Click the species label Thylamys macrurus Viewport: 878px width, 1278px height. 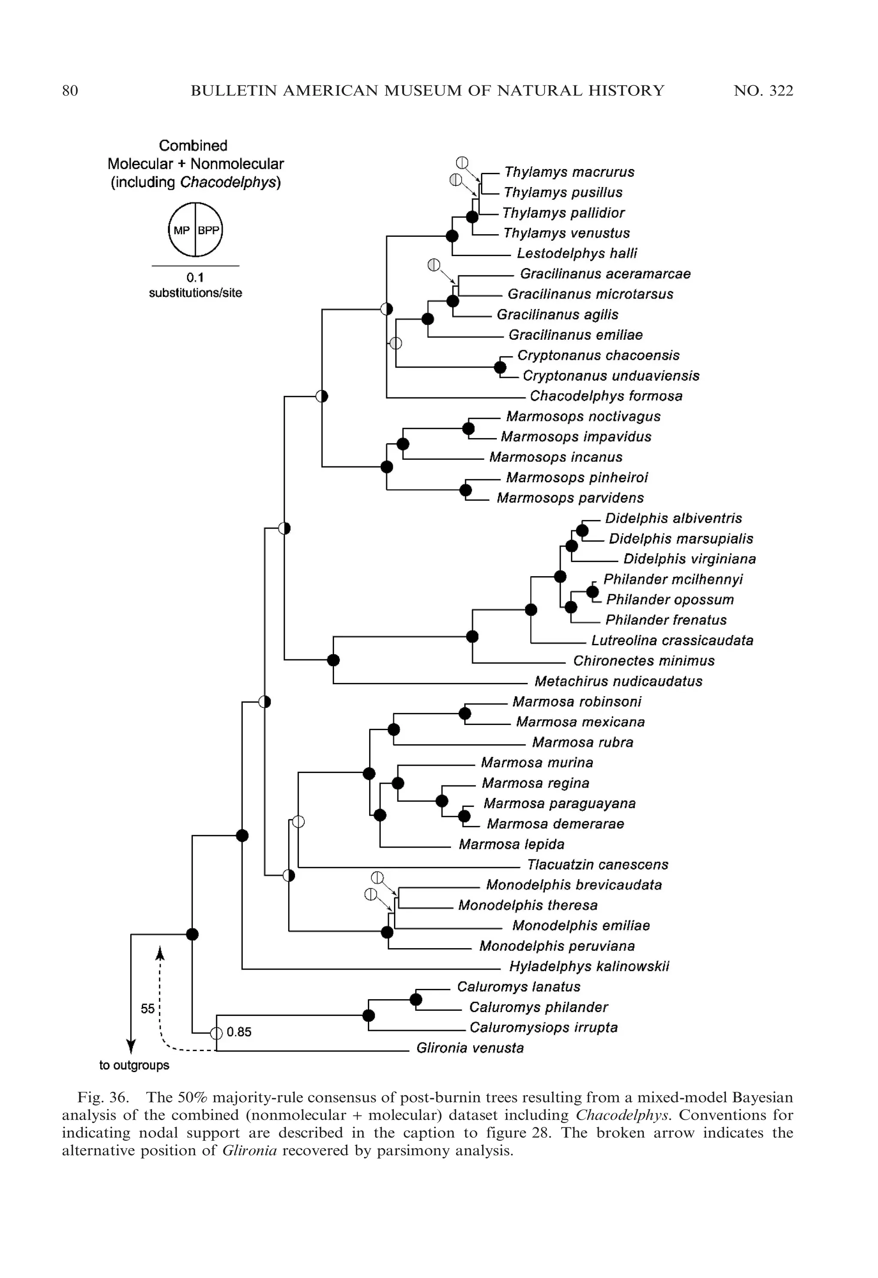(x=569, y=172)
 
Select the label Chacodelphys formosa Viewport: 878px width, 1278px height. (x=606, y=396)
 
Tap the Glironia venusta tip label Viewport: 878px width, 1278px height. (x=470, y=1048)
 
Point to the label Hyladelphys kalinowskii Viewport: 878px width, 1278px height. (x=589, y=967)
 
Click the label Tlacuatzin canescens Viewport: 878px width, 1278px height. (x=598, y=865)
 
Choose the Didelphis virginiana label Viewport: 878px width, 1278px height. (x=689, y=559)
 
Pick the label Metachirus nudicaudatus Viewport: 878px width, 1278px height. (x=618, y=681)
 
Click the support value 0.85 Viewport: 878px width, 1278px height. (x=239, y=1032)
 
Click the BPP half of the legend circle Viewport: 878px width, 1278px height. (x=208, y=231)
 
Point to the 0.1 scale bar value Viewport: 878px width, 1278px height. (x=195, y=278)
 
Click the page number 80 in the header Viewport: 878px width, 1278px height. (x=70, y=91)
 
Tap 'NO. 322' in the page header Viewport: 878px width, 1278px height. (x=763, y=91)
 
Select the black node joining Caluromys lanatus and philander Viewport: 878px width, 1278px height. (x=416, y=999)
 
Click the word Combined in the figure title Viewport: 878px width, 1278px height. (x=193, y=146)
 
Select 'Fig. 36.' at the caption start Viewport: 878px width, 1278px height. (x=103, y=1097)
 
